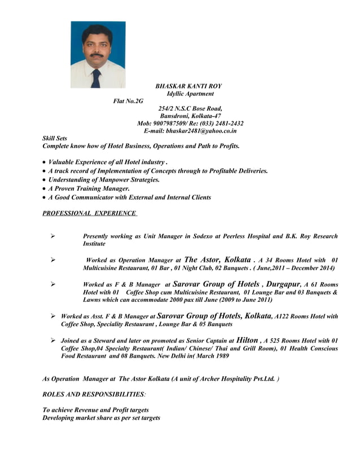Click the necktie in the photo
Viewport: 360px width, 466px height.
click(96, 78)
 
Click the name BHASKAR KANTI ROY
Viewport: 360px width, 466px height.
click(188, 86)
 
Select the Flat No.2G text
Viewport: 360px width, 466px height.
click(128, 101)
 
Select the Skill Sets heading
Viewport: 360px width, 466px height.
click(55, 138)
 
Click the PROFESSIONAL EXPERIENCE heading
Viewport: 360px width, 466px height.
click(89, 213)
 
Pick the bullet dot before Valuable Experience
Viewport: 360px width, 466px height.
click(45, 162)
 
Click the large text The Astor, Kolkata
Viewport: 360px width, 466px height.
click(218, 260)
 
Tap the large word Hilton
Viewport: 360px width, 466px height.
click(247, 340)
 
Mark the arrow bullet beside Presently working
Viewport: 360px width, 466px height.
click(52, 236)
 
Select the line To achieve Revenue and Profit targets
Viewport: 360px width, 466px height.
click(95, 410)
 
